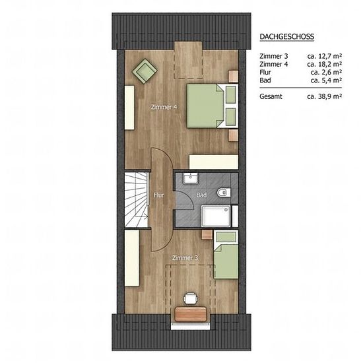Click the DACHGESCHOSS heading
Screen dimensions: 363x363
[287, 36]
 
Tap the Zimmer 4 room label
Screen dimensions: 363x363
[164, 107]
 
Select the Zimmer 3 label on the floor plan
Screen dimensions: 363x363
[185, 257]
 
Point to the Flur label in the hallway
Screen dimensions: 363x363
[159, 195]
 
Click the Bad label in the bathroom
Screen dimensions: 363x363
[201, 195]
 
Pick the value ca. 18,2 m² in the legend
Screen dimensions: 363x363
[325, 64]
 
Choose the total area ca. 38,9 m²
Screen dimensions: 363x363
[325, 96]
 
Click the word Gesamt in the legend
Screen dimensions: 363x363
[271, 96]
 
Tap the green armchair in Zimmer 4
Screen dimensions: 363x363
[145, 71]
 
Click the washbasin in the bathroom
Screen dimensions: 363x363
[190, 178]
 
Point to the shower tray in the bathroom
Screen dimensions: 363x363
[216, 216]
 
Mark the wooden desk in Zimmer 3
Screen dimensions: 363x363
[191, 314]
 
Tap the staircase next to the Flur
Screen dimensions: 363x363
[137, 199]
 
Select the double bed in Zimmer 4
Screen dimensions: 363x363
[213, 106]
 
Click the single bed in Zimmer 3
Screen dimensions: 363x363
[226, 255]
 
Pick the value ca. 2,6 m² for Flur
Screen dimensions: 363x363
[327, 72]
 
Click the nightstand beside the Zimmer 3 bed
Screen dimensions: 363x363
[207, 234]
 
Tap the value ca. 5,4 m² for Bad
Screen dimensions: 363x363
[327, 81]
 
